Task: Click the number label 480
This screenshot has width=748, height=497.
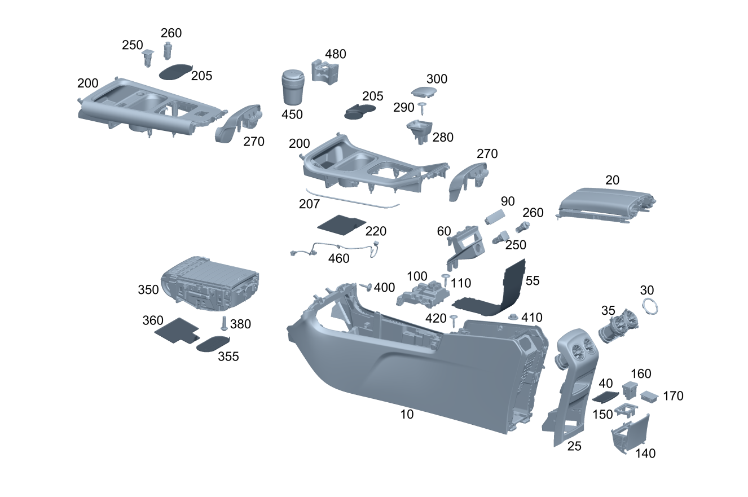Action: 335,54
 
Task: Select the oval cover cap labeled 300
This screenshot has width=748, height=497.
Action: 424,93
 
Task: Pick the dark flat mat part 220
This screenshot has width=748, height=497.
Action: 341,224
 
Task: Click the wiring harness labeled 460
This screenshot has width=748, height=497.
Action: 333,248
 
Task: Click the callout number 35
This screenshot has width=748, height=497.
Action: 608,311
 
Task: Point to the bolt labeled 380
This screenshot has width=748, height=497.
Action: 224,323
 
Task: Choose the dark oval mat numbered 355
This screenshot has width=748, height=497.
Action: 213,342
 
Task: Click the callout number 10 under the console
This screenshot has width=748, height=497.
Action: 407,414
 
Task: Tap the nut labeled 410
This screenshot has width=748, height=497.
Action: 513,318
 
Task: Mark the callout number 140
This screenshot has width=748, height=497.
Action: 645,453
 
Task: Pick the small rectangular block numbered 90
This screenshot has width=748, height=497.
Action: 494,217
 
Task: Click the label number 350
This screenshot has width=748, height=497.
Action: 148,290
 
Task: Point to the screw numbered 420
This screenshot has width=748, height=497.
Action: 454,320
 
